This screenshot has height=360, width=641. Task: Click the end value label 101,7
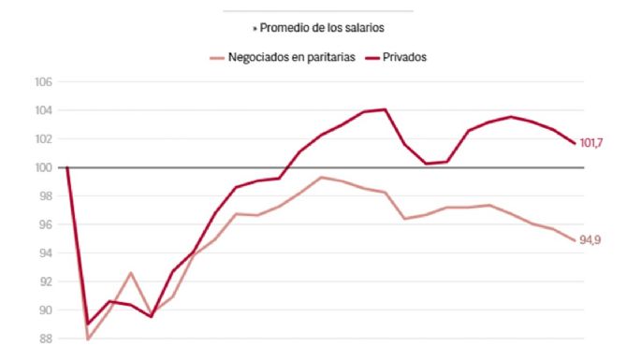tap(592, 143)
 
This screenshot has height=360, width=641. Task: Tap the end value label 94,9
tap(590, 240)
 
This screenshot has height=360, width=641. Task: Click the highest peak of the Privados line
tap(385, 109)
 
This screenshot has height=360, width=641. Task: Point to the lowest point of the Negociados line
tap(88, 338)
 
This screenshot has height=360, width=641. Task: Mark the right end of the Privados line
tap(574, 143)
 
